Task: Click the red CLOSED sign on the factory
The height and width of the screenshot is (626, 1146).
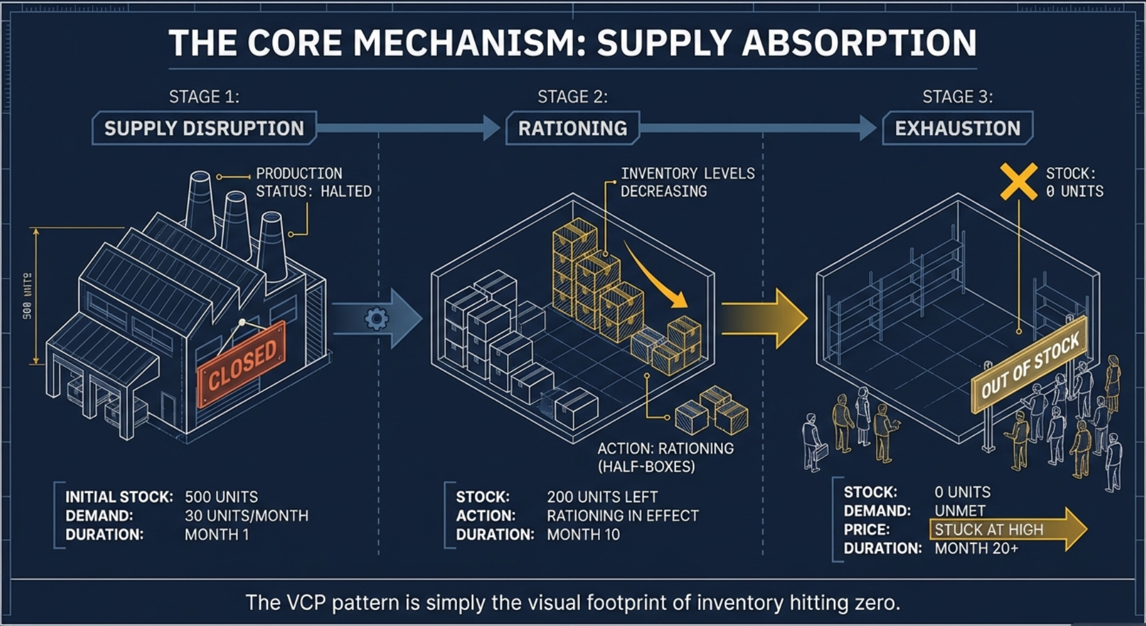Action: click(x=242, y=364)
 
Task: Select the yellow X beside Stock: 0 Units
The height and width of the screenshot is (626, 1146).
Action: click(x=1018, y=181)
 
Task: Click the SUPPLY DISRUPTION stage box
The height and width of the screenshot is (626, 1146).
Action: click(x=204, y=128)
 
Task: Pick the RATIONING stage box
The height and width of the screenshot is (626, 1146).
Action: click(x=572, y=128)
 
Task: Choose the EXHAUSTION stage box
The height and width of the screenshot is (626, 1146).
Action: click(x=957, y=128)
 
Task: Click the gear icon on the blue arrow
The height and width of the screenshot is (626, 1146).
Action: click(x=376, y=318)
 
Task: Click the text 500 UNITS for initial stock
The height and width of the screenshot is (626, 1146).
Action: click(x=221, y=497)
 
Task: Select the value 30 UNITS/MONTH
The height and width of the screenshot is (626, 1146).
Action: click(x=246, y=516)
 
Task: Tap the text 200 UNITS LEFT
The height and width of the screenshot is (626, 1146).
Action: click(x=602, y=497)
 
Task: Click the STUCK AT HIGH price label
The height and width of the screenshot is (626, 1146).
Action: click(x=988, y=530)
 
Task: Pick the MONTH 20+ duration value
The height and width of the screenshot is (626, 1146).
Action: click(x=976, y=548)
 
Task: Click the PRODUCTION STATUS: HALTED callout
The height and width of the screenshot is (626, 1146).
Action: click(x=313, y=183)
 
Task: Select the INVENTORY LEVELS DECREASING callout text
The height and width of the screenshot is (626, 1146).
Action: click(x=686, y=183)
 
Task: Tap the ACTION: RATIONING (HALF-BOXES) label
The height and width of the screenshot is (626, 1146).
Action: click(x=665, y=457)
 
